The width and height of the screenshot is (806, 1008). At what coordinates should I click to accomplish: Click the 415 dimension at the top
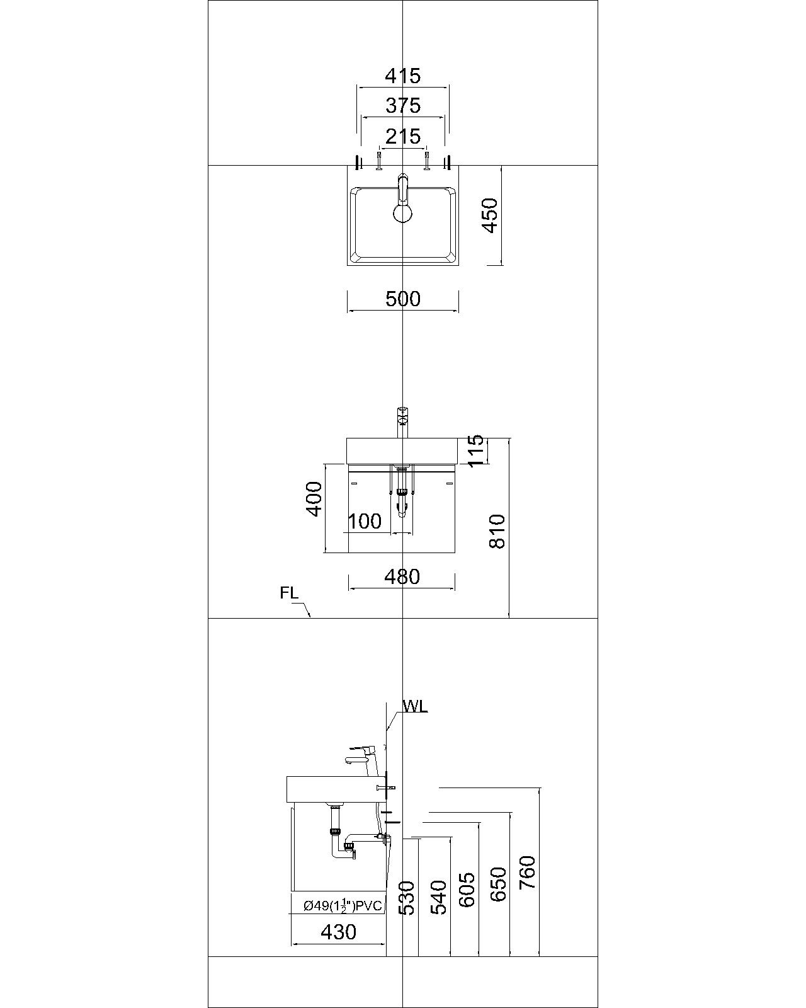click(x=402, y=76)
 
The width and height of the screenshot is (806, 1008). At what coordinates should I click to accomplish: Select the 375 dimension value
click(x=402, y=105)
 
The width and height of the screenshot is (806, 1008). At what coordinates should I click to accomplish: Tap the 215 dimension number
click(x=402, y=135)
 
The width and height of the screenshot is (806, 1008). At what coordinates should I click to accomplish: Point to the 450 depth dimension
click(x=491, y=215)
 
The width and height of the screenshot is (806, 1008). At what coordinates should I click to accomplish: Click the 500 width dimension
click(x=402, y=299)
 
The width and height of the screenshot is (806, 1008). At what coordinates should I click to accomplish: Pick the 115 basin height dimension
click(x=476, y=450)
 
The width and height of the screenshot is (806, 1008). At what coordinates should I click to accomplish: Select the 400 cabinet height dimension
click(x=314, y=499)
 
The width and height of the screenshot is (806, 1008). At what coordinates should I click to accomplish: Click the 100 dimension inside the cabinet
click(x=365, y=521)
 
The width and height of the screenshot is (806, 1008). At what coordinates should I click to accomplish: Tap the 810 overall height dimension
click(x=497, y=531)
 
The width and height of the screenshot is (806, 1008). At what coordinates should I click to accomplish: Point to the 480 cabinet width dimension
click(x=402, y=576)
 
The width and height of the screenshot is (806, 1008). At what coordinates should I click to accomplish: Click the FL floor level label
click(x=289, y=593)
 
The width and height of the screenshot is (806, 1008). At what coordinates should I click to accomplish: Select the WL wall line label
click(x=415, y=706)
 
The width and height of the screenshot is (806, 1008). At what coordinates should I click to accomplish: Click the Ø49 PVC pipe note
click(x=343, y=906)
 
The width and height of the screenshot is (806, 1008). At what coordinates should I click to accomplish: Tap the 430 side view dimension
click(x=338, y=931)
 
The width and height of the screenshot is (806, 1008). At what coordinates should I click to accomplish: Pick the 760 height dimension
click(x=527, y=872)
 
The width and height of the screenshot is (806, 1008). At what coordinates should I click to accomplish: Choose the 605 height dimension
click(x=467, y=890)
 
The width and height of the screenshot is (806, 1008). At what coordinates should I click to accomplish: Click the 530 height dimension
click(x=407, y=898)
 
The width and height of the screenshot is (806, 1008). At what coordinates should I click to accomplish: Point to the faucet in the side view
click(x=361, y=755)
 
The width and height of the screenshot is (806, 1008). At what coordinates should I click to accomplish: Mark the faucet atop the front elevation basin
click(x=402, y=422)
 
